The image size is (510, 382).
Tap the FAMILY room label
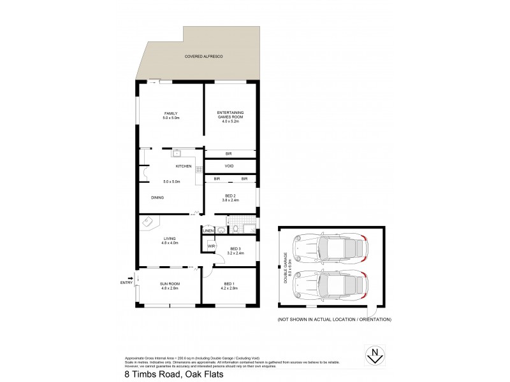[171, 113]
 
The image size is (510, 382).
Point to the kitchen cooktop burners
[198, 169]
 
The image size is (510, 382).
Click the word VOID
[229, 167]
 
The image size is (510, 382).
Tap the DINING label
[157, 197]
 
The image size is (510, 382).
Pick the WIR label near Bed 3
[209, 245]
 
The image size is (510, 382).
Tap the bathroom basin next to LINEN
[220, 230]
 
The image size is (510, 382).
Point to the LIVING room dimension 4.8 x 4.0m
[170, 243]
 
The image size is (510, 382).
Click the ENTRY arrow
[130, 278]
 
